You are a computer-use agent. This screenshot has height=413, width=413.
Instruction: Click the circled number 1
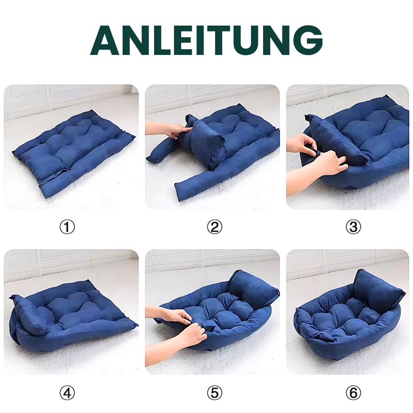pos(67,227)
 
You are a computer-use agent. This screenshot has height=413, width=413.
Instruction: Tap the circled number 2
pos(214,227)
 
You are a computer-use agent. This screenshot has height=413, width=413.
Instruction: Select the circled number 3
pos(353,227)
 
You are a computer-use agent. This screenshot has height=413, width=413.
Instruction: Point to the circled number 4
pos(67,393)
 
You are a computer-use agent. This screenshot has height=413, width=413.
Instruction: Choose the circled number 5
pos(214,393)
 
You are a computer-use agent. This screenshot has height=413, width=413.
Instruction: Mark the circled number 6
pos(353,393)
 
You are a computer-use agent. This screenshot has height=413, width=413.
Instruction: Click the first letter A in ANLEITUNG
pos(106,40)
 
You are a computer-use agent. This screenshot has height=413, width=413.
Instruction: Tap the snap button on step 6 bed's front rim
pos(309,340)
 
